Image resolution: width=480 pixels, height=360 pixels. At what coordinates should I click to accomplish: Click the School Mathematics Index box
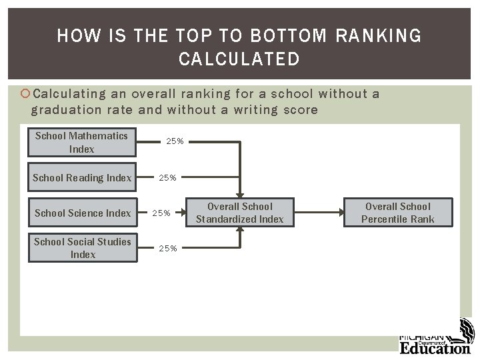pos(81,142)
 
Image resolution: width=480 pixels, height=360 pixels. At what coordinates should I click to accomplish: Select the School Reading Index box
pos(82,177)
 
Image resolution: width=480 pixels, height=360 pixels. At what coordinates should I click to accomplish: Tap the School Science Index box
pos(82,213)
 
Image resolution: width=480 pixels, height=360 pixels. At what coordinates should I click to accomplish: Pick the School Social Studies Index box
pos(82,248)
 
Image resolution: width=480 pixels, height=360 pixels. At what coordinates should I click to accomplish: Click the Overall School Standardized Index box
pos(239,213)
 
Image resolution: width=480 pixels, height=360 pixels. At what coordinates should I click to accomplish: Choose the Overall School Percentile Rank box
pos(397,213)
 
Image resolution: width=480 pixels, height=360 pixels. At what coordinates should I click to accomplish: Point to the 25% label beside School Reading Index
pos(167,177)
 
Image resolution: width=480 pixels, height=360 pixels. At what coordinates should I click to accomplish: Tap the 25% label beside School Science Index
pos(162,213)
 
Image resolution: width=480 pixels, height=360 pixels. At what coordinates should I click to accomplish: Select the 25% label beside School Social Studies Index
pos(167,248)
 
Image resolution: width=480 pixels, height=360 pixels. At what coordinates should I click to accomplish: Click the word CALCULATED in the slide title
pos(239,60)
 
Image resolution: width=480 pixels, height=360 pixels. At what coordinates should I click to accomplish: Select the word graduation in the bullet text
pos(64,110)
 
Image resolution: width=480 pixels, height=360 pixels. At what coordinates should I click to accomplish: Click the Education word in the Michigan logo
pos(434,347)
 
